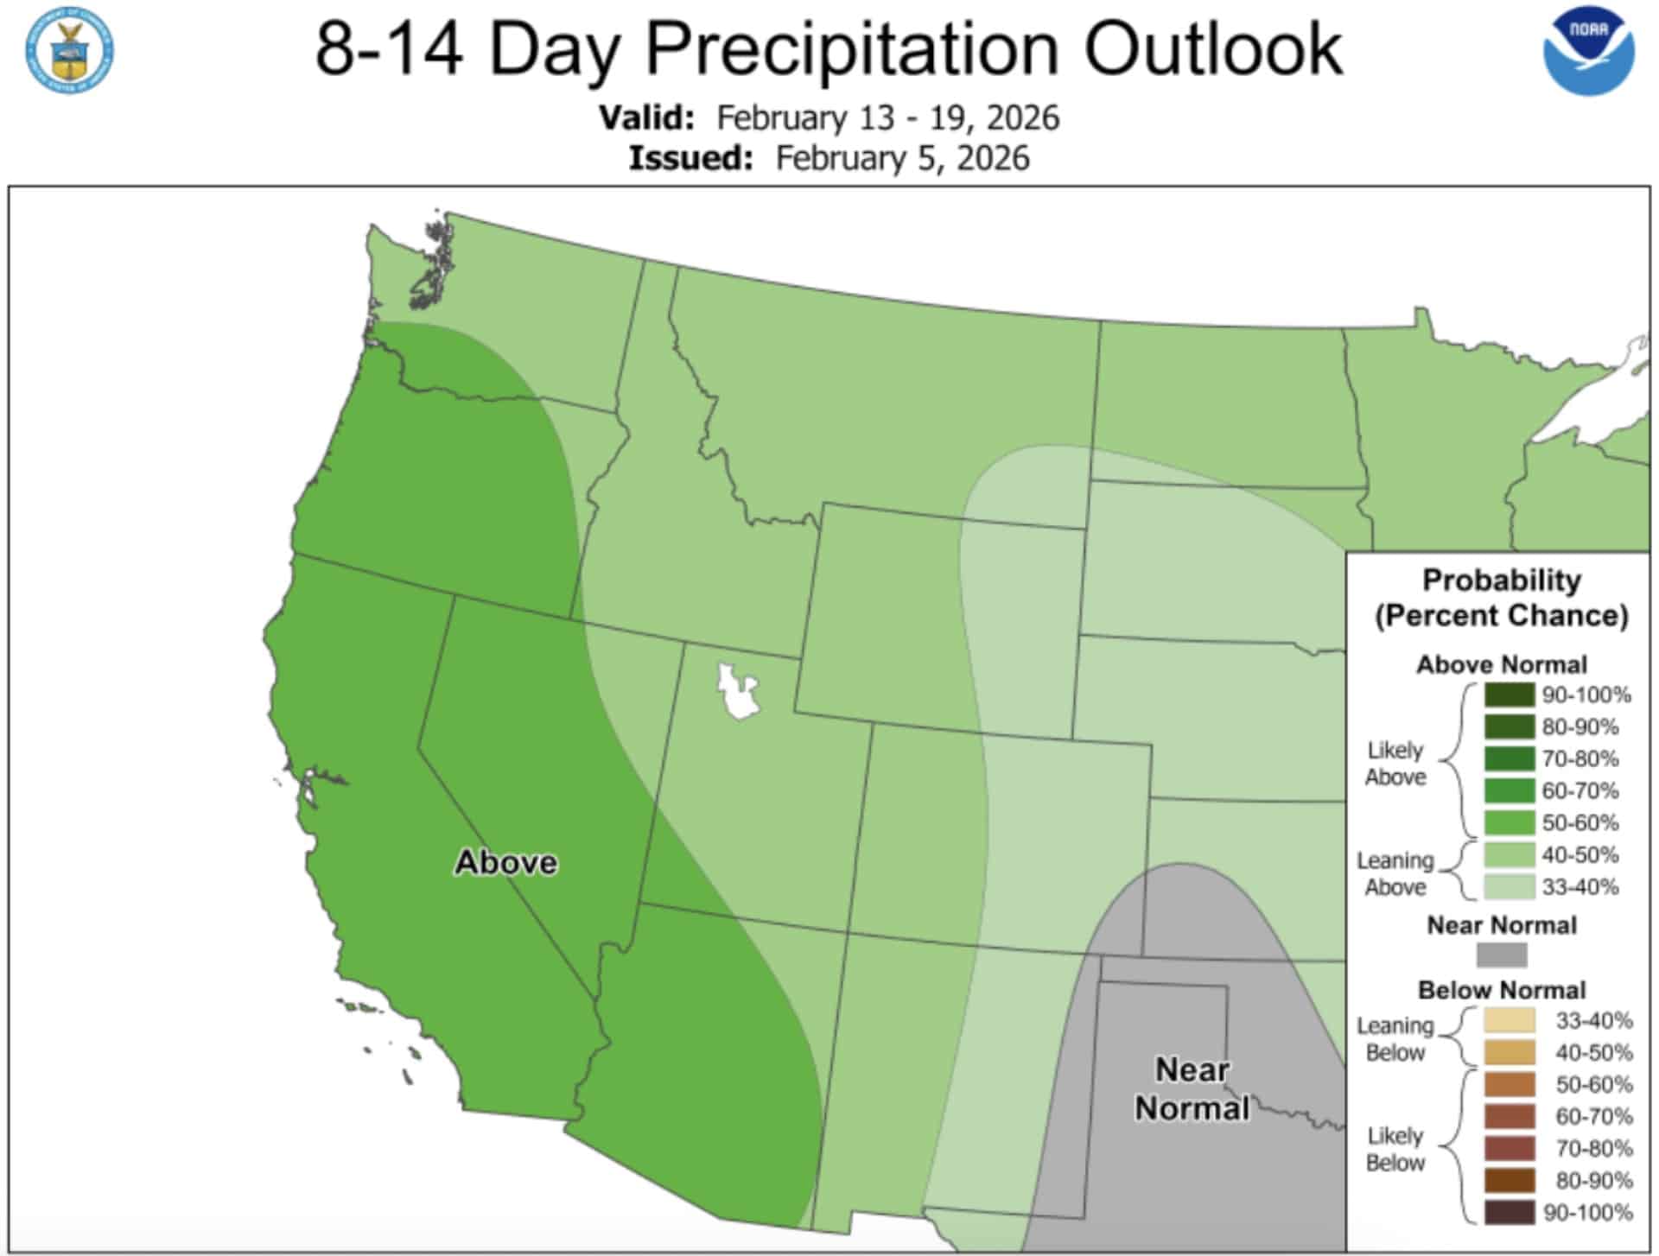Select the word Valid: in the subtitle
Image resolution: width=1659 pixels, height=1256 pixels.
pos(647,117)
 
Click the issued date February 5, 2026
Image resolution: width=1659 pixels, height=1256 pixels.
pos(902,158)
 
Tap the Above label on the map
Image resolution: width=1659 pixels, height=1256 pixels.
pos(505,862)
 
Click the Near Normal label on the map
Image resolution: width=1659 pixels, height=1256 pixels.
pos(1192,1088)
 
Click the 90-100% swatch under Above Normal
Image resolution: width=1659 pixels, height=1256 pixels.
pos(1509,695)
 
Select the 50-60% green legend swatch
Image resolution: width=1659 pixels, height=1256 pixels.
pos(1509,822)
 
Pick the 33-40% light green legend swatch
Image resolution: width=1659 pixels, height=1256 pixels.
pos(1509,886)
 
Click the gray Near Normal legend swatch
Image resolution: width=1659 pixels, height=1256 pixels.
pos(1501,955)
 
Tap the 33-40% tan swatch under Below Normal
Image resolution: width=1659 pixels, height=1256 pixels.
pos(1509,1020)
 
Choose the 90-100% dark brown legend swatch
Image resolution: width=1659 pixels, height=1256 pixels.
pos(1509,1212)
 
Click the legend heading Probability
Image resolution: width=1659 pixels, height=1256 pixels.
pos(1501,580)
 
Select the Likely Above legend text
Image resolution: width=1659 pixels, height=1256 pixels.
pos(1395,764)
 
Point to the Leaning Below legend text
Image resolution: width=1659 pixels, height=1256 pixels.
pos(1395,1038)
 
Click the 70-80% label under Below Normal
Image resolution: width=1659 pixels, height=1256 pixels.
pos(1593,1148)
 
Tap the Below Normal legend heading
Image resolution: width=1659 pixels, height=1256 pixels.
pos(1501,990)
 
